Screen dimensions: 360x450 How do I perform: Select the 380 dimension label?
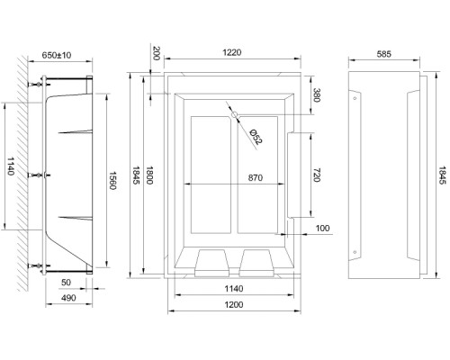point(314,96)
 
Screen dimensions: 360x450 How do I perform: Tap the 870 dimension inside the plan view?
point(230,179)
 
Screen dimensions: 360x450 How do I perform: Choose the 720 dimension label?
point(314,175)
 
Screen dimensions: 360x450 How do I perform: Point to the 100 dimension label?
point(321,229)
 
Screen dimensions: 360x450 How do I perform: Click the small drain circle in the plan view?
point(232,115)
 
